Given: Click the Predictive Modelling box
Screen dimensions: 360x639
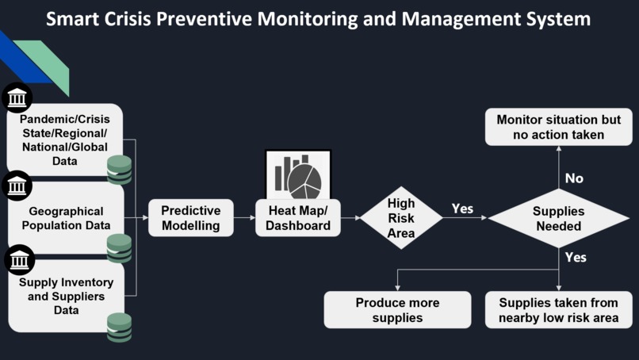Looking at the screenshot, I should (x=190, y=218).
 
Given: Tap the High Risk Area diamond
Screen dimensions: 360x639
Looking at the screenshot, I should (x=401, y=217).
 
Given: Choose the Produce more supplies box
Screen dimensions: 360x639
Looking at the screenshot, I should (x=397, y=310).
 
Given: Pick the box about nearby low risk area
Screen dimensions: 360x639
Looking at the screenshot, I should (x=558, y=310).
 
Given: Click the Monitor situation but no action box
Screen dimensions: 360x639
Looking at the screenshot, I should (x=558, y=127).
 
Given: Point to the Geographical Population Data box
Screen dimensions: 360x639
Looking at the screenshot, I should (x=66, y=218).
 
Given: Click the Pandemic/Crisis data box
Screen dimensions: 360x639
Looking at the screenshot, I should (x=66, y=140).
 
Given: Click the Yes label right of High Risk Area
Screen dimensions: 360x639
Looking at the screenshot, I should (x=462, y=209).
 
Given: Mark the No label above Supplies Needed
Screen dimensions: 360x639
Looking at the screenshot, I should (x=574, y=178).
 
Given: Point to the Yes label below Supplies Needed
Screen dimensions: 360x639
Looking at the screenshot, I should (x=576, y=257).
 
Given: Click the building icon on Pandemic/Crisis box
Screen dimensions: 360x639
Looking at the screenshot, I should (x=17, y=98).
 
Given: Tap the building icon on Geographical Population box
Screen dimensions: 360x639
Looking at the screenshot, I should (x=17, y=186).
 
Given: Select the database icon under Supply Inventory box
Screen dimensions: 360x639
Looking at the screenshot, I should (x=120, y=327).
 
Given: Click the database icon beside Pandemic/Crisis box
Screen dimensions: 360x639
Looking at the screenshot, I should (x=120, y=170).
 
